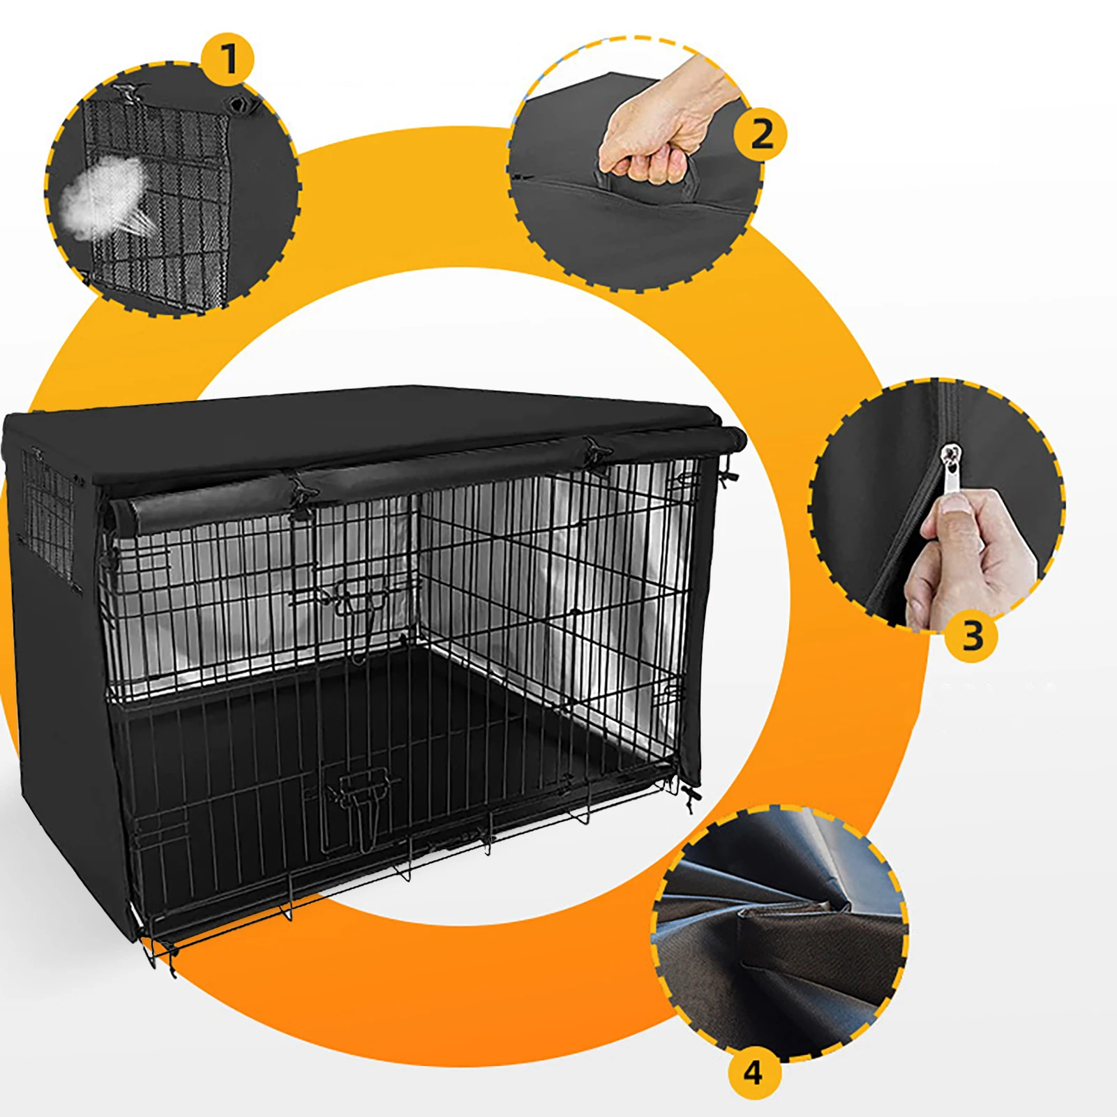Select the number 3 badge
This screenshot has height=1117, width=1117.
pos(972,636)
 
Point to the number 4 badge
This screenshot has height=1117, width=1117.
pos(753,1072)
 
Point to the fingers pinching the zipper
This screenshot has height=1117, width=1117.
pos(966,552)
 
